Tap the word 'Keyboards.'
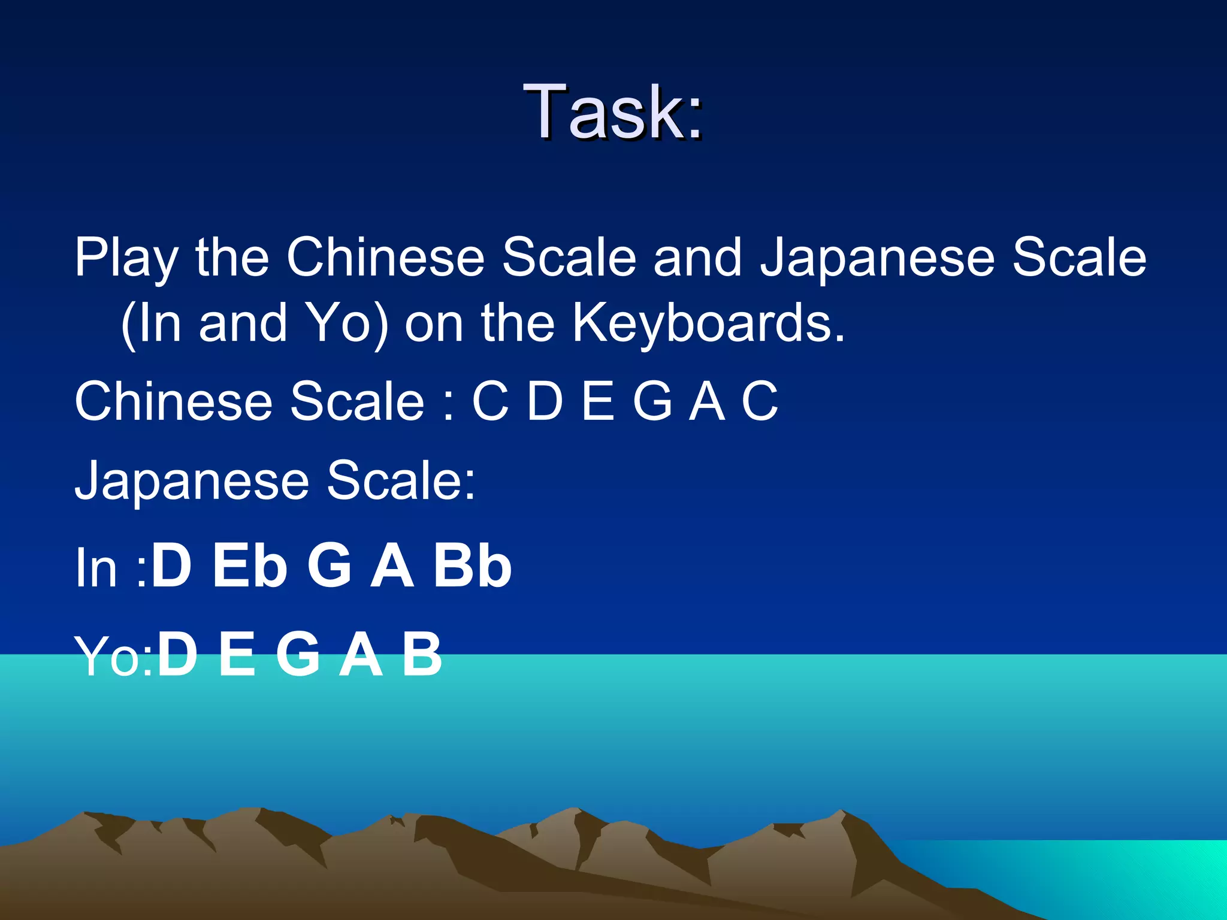coord(708,323)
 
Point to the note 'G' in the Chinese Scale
coord(652,401)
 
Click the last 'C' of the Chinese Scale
coord(760,401)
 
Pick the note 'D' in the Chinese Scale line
coord(545,401)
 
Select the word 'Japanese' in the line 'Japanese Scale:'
coord(192,480)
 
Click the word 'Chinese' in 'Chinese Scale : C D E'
coord(174,401)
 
